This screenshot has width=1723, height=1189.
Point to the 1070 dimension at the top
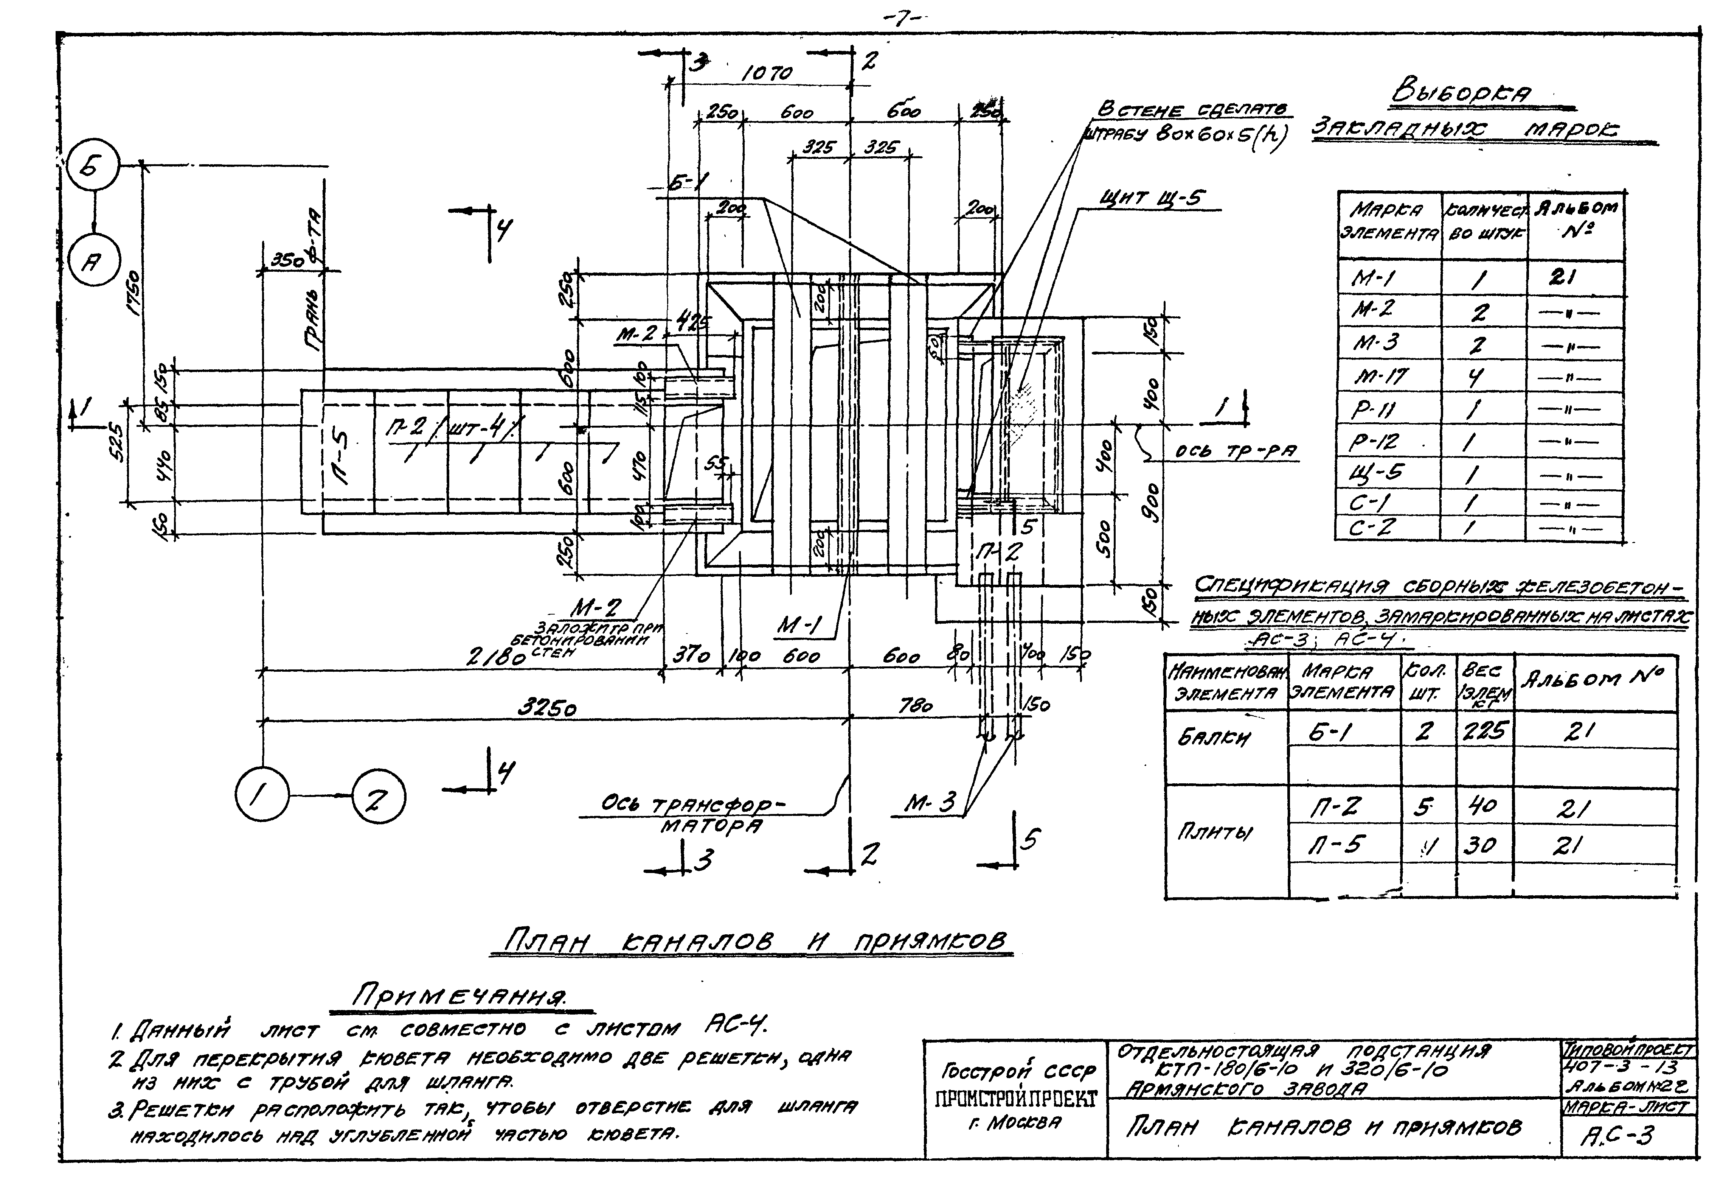point(767,73)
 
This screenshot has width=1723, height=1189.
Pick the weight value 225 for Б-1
point(1484,731)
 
